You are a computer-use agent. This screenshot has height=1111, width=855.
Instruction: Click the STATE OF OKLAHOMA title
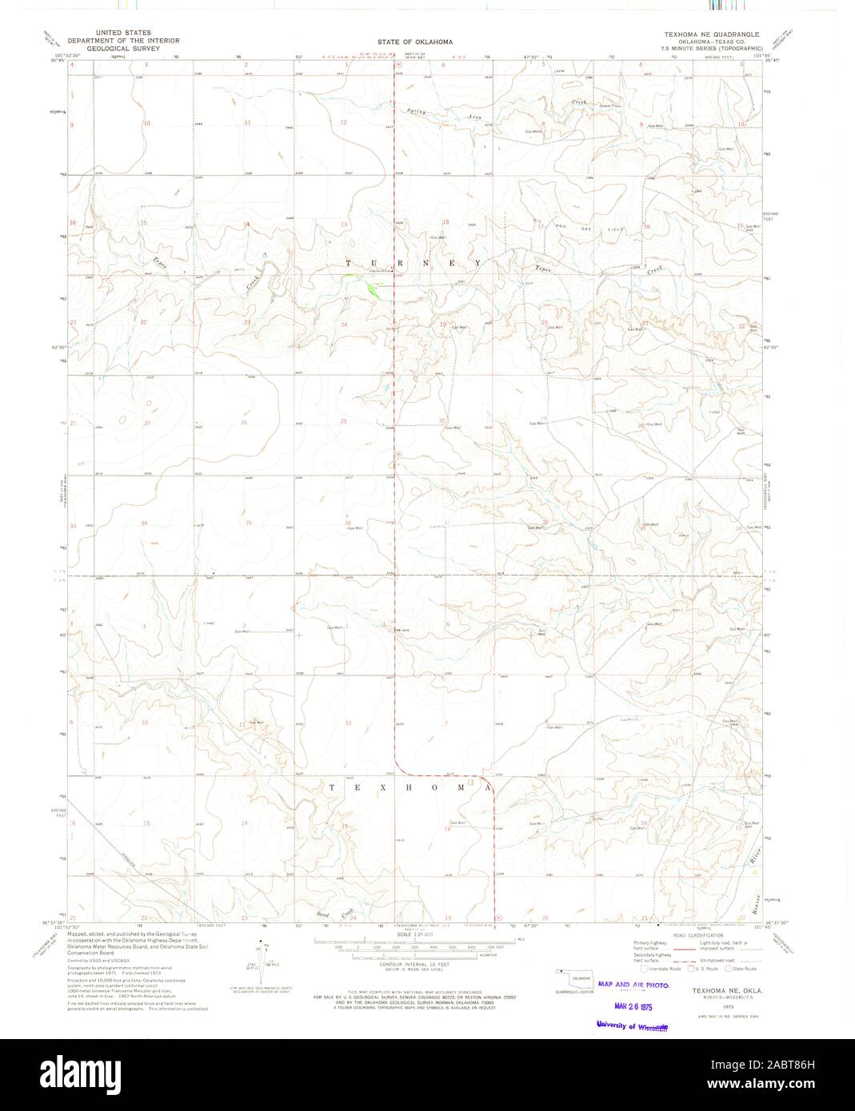(416, 42)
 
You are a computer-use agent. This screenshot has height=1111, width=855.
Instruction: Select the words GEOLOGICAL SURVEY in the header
(123, 48)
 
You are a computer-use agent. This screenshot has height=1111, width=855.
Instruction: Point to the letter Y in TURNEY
(477, 263)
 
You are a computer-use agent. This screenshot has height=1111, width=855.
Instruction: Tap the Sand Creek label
(335, 914)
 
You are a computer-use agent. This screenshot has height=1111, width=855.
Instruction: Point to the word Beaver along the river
(754, 902)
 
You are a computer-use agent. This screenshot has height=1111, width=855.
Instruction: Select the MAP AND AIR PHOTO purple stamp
(632, 985)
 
